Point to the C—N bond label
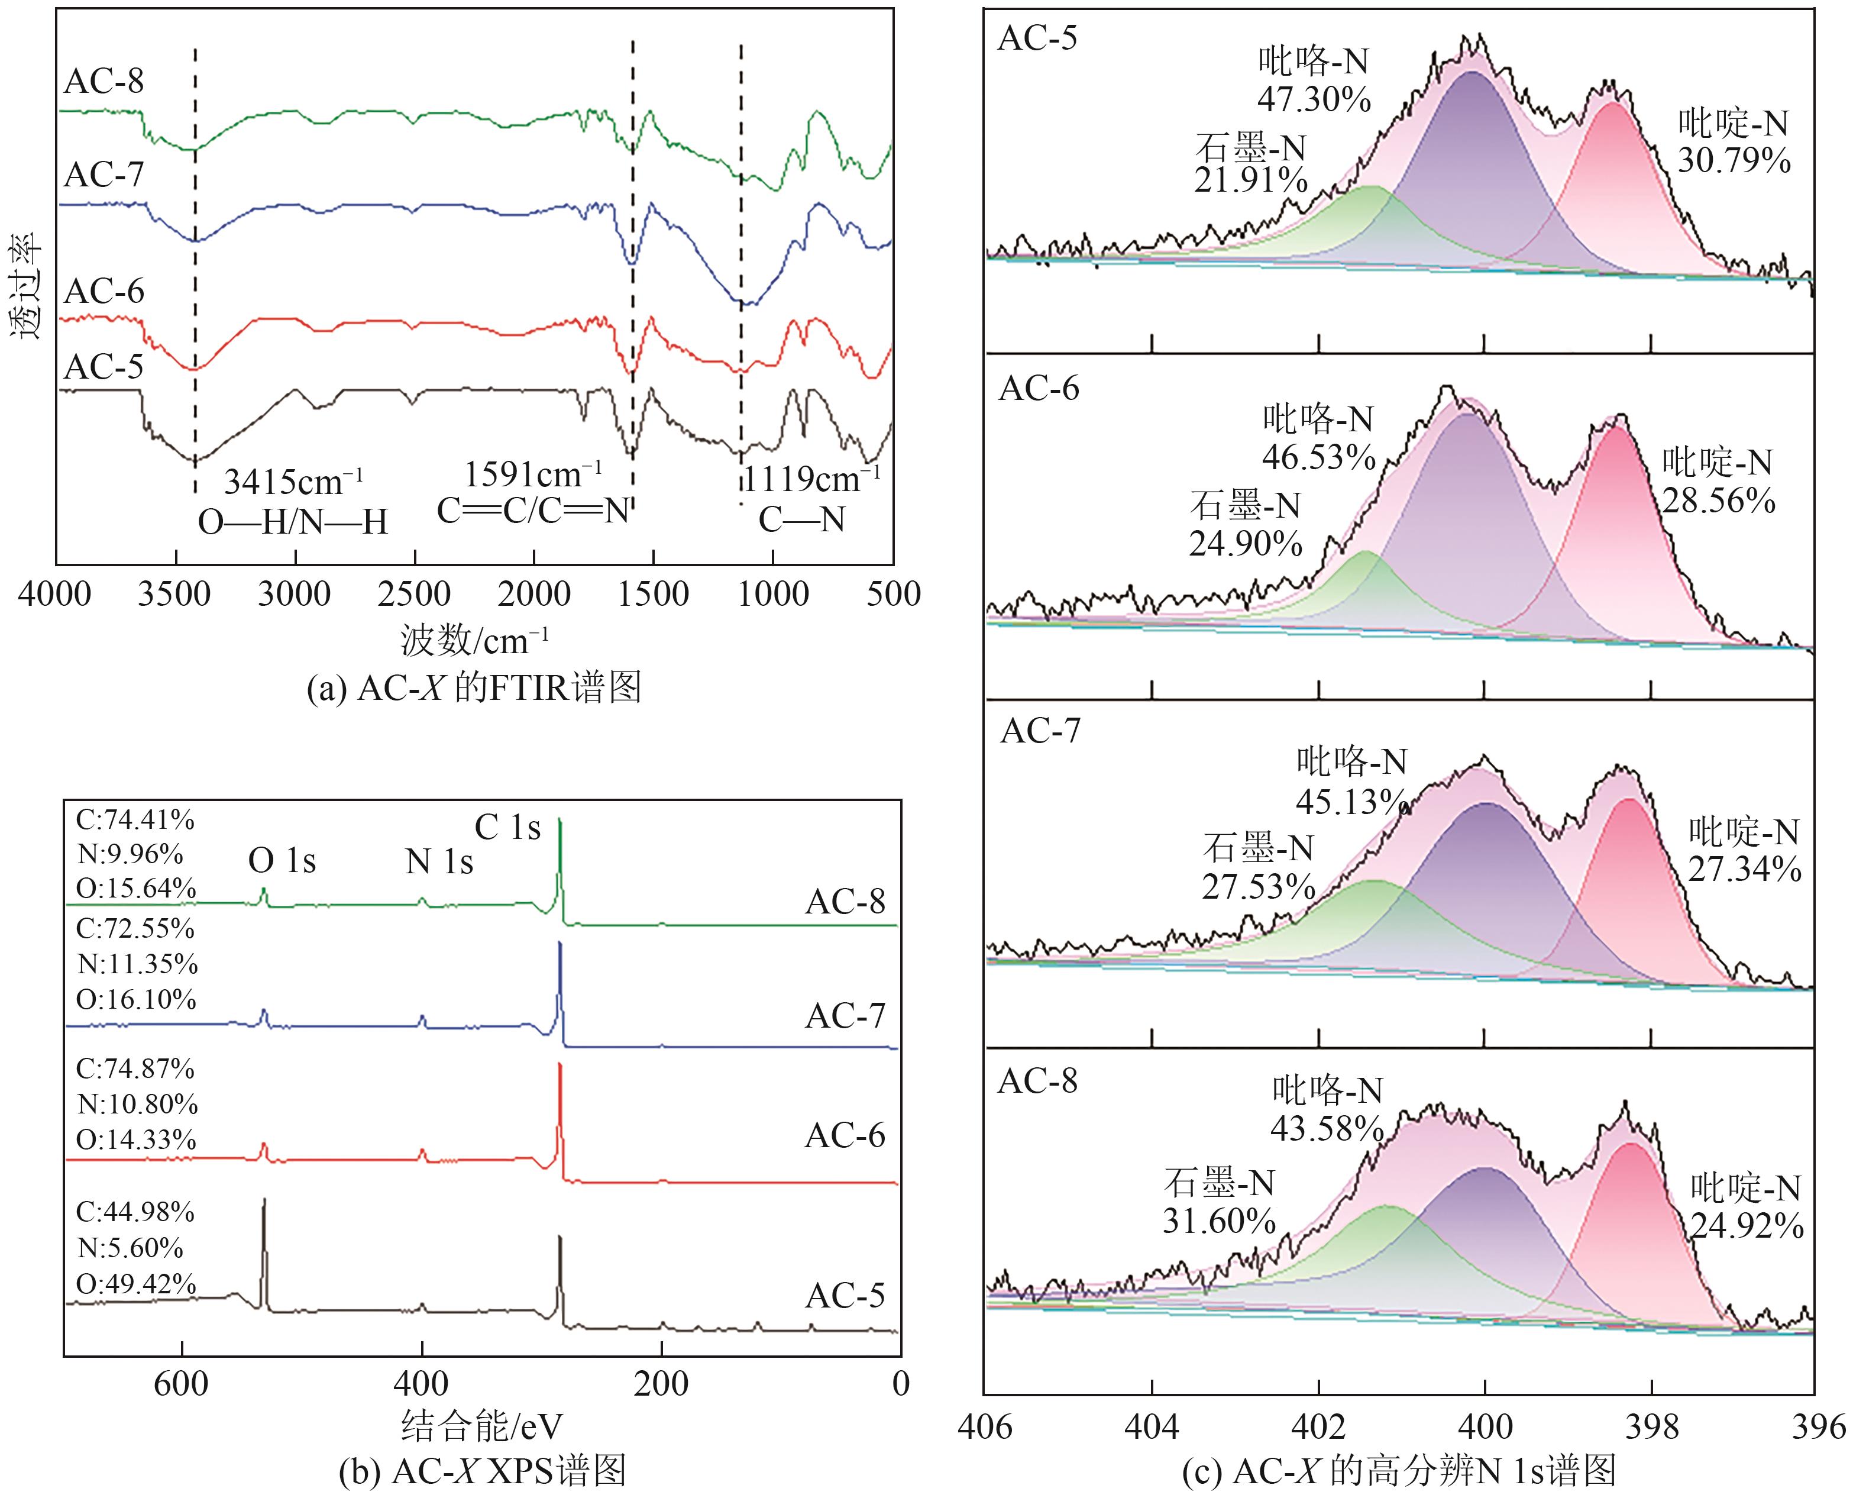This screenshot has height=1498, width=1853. [x=801, y=519]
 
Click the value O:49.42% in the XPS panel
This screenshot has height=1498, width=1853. [x=136, y=1284]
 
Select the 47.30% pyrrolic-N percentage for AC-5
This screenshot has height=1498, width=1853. [x=1314, y=100]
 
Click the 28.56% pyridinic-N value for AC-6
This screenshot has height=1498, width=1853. [x=1718, y=501]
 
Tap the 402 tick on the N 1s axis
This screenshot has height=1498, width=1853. [x=1318, y=1427]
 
